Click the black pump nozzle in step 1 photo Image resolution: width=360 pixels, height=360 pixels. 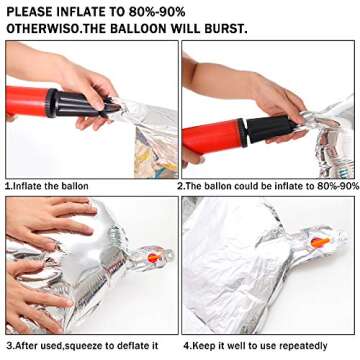[x=83, y=102]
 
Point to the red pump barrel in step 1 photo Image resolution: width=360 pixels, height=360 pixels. [x=27, y=101]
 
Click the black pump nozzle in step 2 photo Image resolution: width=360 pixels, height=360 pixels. [x=271, y=129]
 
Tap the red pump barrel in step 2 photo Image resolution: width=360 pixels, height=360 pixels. [x=213, y=137]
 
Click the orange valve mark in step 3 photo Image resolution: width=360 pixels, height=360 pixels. [x=154, y=257]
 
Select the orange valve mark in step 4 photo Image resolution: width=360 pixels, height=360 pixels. [x=320, y=242]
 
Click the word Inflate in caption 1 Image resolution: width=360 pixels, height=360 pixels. [x=27, y=186]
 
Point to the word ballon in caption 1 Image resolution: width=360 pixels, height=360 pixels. [x=75, y=186]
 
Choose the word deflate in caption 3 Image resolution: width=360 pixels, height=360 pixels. [x=132, y=346]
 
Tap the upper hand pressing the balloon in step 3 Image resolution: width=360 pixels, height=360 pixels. [x=50, y=218]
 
